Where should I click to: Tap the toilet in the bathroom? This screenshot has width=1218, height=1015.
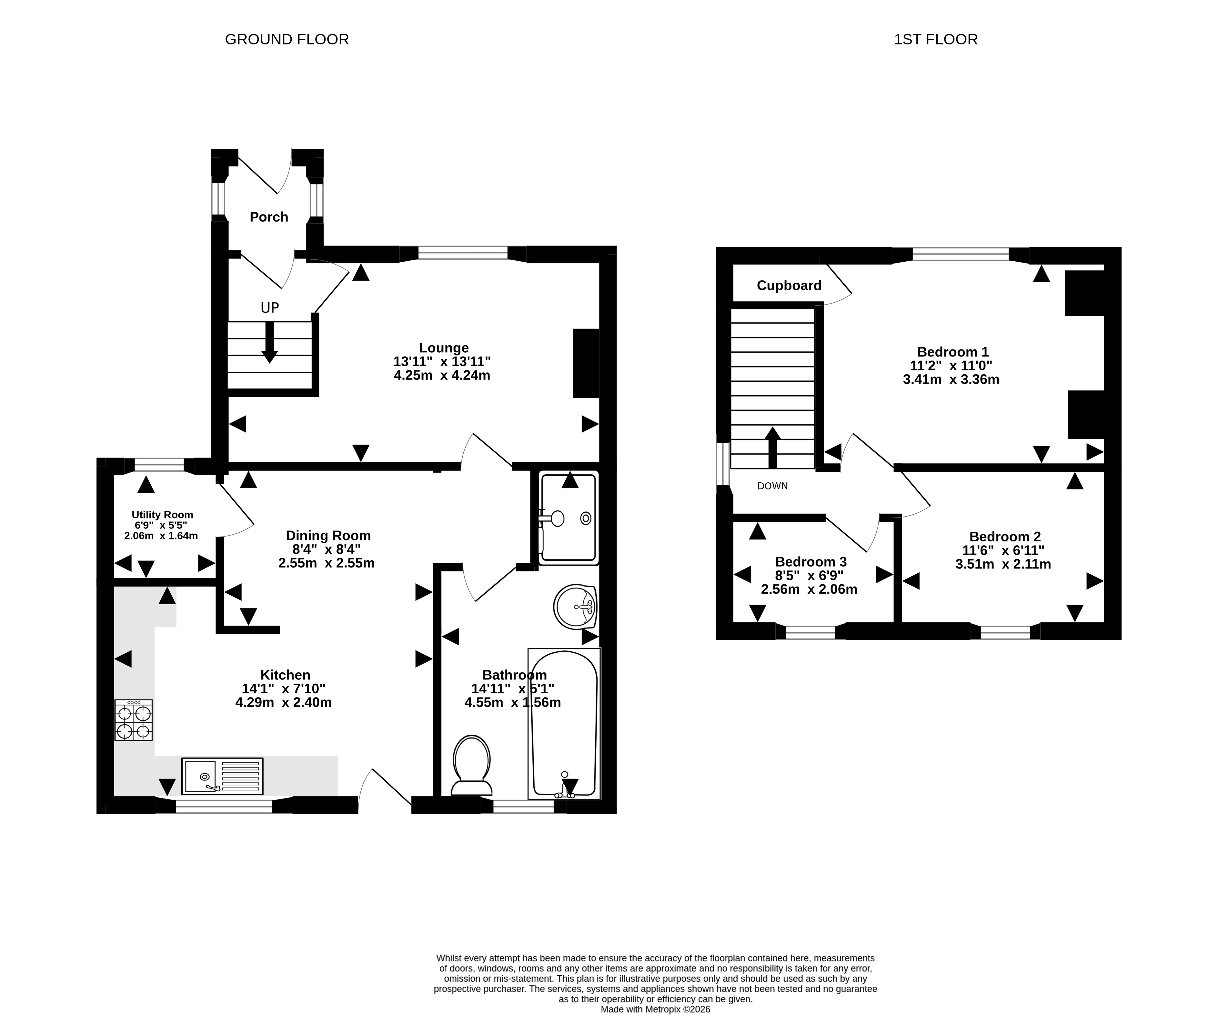click(x=471, y=765)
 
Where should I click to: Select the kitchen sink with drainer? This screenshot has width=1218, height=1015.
click(x=222, y=776)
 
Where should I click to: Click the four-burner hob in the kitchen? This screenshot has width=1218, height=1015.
click(x=133, y=720)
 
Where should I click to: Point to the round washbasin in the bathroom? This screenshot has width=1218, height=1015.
click(x=575, y=607)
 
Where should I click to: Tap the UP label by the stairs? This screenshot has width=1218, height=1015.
click(x=270, y=308)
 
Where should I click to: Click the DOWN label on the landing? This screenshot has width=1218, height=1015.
click(x=772, y=486)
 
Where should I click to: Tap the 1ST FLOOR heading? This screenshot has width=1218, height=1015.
click(x=936, y=39)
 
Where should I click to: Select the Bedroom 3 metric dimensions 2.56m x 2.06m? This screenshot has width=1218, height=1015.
click(x=809, y=589)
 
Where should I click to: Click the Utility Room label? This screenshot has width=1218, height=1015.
click(x=162, y=515)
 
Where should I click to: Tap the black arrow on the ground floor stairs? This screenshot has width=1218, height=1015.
click(x=270, y=342)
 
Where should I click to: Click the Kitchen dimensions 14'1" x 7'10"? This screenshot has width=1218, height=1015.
click(x=284, y=688)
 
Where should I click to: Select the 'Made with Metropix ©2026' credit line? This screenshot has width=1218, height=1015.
click(x=655, y=1009)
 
